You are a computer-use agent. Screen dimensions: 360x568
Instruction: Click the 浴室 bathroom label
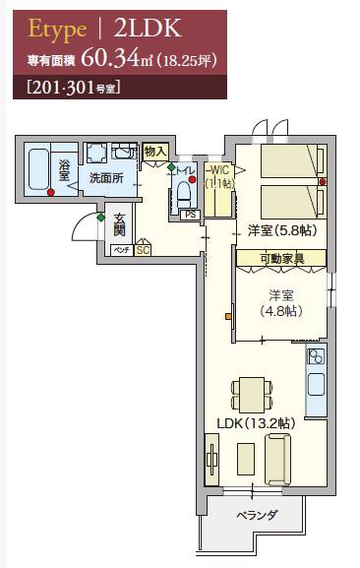pos(64,170)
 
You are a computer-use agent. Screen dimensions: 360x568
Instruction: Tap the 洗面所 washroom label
pos(106,178)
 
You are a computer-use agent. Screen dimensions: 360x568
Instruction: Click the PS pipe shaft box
pos(190,215)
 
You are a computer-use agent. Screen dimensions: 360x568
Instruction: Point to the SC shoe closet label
pos(143,250)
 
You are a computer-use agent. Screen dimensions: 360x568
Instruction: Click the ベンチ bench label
pos(122,250)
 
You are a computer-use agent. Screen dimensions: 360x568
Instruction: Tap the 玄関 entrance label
pos(119,224)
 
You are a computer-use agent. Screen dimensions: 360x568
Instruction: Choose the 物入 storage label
pos(155,152)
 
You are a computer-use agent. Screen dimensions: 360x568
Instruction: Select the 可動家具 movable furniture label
pos(282,259)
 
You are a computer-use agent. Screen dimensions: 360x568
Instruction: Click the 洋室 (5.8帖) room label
pos(282,230)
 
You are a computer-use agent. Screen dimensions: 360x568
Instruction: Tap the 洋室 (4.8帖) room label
pos(281,303)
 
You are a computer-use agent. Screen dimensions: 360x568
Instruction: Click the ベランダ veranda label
pos(258,515)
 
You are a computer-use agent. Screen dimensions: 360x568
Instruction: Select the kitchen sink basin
pos(316,385)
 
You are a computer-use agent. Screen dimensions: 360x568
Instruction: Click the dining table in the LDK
pos(252,395)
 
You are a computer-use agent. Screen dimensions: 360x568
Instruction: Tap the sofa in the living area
pos(277,460)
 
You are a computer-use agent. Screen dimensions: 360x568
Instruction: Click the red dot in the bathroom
pos(51,192)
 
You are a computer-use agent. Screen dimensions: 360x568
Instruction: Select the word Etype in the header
pos(57,29)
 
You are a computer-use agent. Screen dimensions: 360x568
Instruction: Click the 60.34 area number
pos(110,58)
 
